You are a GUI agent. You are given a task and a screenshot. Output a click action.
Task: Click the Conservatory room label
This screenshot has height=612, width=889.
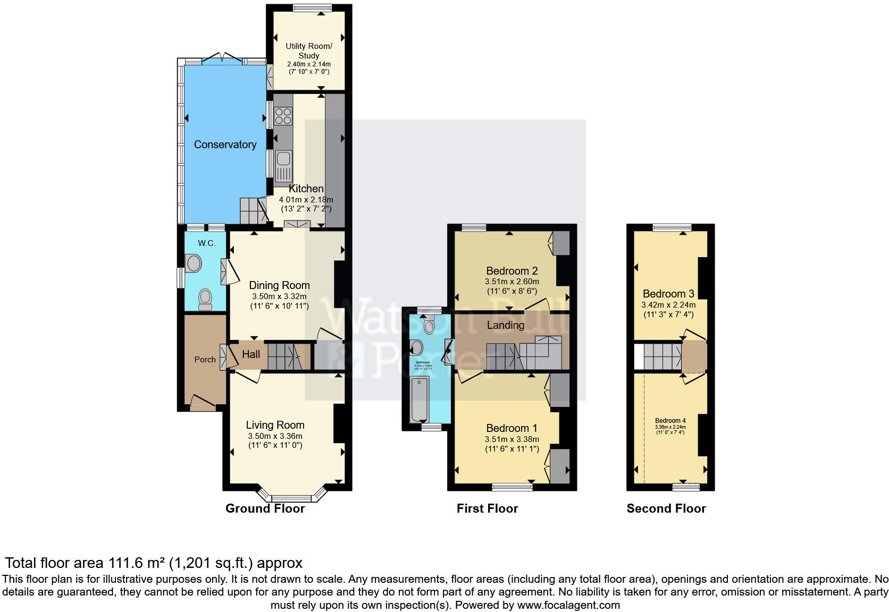point(225,144)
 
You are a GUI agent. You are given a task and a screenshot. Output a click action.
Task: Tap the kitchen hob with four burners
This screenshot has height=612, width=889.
point(283,116)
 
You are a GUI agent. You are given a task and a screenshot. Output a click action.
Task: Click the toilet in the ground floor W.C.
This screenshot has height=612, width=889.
point(205,300)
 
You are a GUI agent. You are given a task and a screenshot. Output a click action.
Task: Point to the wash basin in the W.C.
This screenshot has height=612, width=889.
point(194,262)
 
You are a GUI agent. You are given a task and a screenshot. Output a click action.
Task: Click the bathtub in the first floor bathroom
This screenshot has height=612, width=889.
point(420,399)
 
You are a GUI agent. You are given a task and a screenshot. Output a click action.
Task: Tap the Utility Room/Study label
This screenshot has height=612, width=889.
point(308,50)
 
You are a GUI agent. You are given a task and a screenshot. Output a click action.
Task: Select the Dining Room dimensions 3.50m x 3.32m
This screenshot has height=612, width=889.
point(279,296)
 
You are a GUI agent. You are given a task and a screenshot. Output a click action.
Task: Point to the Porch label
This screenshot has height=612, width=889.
point(205,360)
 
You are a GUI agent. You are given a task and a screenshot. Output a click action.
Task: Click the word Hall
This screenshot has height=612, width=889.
point(251,354)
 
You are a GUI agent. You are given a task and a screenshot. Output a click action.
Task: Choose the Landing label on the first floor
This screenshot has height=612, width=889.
point(505,325)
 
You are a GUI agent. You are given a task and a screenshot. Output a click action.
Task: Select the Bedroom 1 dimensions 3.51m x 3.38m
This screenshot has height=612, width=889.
point(511,439)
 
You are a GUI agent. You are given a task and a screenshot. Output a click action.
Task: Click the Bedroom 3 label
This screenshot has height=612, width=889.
point(668,294)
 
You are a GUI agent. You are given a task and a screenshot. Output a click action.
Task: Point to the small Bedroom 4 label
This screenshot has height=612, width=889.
point(670,421)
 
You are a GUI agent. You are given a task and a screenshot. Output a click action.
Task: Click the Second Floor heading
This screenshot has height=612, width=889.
point(666,508)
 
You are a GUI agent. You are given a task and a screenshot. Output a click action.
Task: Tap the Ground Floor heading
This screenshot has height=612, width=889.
point(265,508)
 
